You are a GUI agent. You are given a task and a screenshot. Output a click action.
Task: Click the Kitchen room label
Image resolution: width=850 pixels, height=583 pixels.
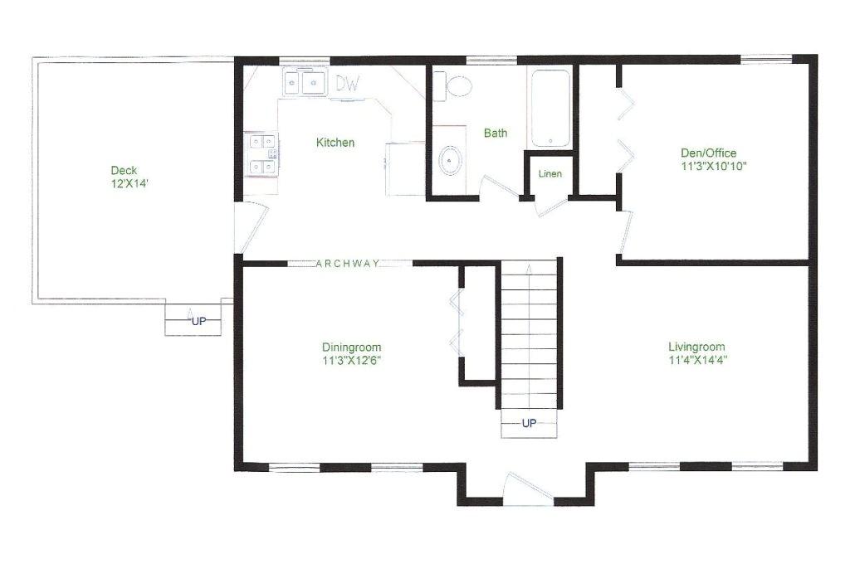tap(335, 143)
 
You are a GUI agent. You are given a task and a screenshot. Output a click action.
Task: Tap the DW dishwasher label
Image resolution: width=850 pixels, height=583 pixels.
tap(347, 84)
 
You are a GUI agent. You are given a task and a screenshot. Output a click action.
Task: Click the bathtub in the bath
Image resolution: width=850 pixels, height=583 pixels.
tap(550, 109)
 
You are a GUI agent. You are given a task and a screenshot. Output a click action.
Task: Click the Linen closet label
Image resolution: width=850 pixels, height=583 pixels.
tap(550, 174)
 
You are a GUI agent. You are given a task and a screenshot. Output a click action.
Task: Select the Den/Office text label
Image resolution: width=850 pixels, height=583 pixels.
tap(708, 153)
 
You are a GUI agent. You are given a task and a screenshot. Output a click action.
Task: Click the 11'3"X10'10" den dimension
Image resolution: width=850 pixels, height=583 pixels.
tap(708, 166)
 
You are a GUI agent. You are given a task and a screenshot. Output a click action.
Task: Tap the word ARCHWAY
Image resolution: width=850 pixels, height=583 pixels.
tap(348, 264)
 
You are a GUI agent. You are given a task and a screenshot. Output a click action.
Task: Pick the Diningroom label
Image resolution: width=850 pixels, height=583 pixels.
tap(351, 347)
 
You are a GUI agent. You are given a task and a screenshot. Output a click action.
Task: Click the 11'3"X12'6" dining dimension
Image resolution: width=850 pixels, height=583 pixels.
tap(351, 361)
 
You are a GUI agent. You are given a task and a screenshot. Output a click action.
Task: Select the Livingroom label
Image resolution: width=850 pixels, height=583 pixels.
tap(697, 347)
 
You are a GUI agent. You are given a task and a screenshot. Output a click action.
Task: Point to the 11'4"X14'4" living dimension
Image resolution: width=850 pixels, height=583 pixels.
tap(697, 360)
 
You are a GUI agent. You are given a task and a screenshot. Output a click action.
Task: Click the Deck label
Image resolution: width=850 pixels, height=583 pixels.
tap(124, 171)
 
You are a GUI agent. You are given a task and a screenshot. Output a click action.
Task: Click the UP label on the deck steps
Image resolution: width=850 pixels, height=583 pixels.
tap(199, 321)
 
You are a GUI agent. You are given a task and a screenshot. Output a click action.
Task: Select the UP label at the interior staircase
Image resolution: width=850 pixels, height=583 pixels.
tap(529, 423)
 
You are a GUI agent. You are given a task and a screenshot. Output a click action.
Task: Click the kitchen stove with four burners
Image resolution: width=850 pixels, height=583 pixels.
tap(263, 154)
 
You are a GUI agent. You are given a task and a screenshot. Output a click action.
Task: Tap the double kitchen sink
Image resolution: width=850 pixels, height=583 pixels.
tap(303, 83)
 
